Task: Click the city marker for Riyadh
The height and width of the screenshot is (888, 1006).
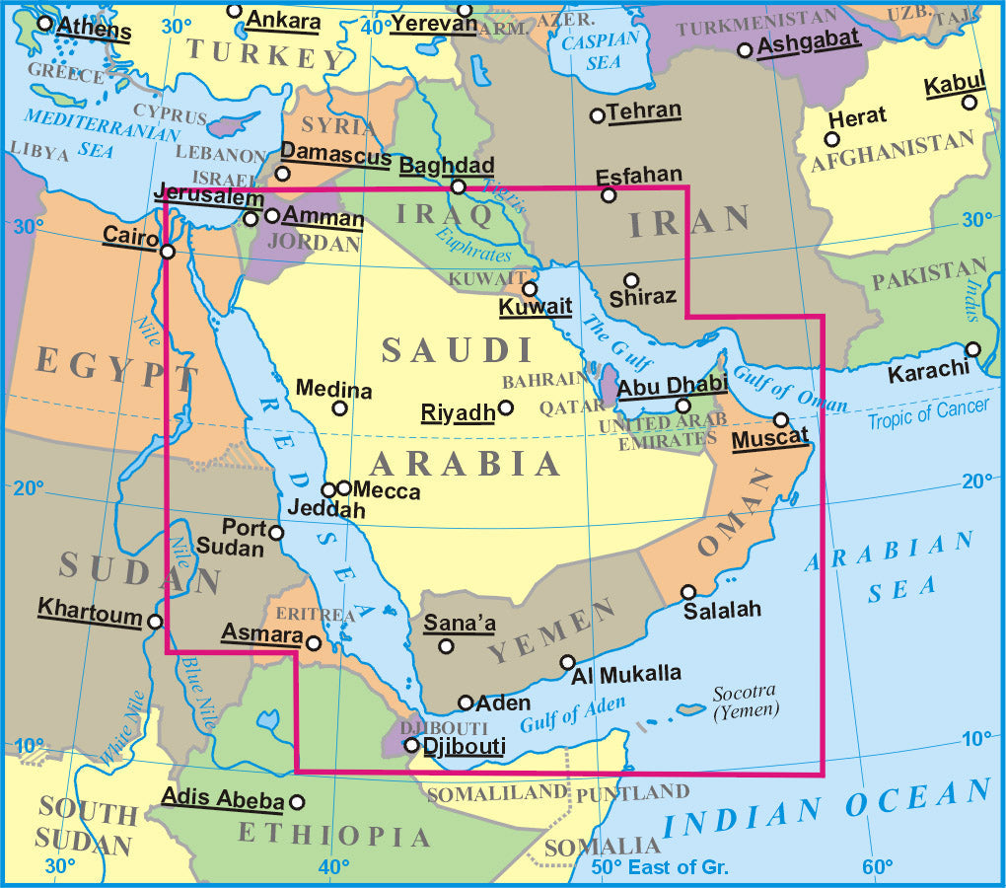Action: pyautogui.click(x=506, y=407)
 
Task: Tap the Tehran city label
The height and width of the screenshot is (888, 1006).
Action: pyautogui.click(x=644, y=111)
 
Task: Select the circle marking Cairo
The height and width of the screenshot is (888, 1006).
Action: pyautogui.click(x=168, y=252)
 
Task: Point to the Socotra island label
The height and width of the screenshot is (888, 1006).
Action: pyautogui.click(x=746, y=700)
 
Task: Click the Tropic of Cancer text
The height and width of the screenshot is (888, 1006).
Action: pyautogui.click(x=927, y=413)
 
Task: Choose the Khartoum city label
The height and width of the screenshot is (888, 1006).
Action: pyautogui.click(x=90, y=610)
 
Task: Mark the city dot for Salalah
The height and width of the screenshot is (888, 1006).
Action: pyautogui.click(x=688, y=593)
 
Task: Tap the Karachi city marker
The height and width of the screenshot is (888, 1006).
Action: pyautogui.click(x=973, y=349)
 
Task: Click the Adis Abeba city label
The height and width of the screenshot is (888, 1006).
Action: pyautogui.click(x=223, y=799)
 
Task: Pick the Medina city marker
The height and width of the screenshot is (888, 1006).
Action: pyautogui.click(x=339, y=407)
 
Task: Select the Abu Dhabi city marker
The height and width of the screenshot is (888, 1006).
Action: pyautogui.click(x=683, y=406)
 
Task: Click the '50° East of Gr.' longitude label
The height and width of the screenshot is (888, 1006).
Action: pyautogui.click(x=660, y=867)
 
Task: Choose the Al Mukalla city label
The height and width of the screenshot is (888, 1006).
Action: pyautogui.click(x=626, y=675)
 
